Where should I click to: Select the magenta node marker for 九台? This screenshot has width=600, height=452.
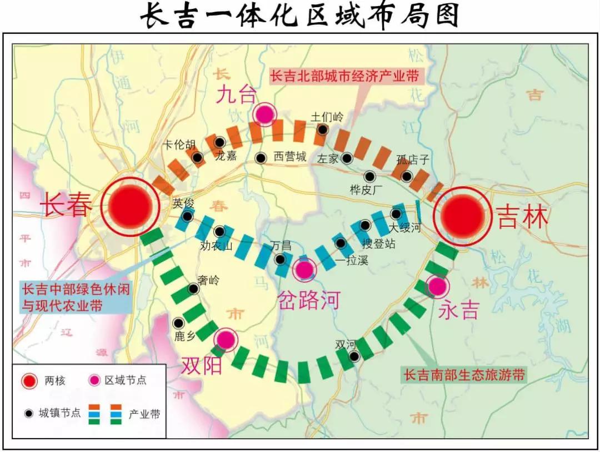[265, 115]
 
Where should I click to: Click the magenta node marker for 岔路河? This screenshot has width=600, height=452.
[304, 270]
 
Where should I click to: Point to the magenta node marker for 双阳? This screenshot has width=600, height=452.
[226, 339]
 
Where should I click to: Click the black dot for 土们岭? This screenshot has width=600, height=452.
[322, 130]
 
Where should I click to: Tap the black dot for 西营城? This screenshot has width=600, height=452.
[260, 158]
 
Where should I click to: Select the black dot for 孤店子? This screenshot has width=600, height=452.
[407, 176]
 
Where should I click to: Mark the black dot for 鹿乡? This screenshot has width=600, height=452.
[178, 322]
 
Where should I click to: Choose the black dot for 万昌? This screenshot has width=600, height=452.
[281, 259]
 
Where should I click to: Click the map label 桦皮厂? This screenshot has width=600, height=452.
[367, 190]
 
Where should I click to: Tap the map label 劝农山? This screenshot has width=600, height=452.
[216, 245]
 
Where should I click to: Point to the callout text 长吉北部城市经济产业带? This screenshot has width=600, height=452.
[344, 76]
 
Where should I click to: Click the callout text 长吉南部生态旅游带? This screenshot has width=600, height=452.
[464, 375]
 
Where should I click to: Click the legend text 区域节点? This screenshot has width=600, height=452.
[125, 381]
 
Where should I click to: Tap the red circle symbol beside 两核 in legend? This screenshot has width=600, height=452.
[29, 381]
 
